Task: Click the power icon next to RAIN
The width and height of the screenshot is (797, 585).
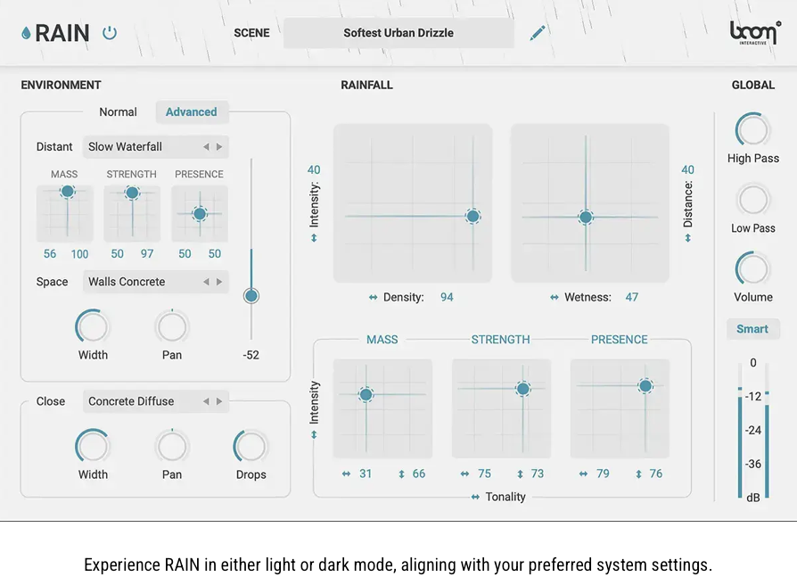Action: (110, 33)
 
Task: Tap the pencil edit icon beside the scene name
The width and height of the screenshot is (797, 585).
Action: (538, 33)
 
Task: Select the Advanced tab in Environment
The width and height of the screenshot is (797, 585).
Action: (191, 112)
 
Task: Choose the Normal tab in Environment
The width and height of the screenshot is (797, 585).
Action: (119, 112)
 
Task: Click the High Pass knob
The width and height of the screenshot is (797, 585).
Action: (753, 131)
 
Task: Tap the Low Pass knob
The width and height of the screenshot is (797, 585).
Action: (753, 200)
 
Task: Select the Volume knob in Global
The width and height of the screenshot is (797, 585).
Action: (753, 269)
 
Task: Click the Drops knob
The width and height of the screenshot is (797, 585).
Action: (251, 447)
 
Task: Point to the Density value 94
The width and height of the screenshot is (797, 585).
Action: (447, 297)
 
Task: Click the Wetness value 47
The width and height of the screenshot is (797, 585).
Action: (631, 297)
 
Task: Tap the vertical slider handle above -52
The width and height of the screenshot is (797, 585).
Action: (251, 295)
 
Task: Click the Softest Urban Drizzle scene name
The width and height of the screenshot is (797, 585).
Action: (398, 33)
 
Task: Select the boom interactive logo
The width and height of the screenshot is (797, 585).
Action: (754, 33)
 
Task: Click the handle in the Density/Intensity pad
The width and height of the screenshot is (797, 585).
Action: (472, 217)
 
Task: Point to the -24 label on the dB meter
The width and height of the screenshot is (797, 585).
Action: (753, 430)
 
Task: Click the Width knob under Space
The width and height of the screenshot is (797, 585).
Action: (92, 326)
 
